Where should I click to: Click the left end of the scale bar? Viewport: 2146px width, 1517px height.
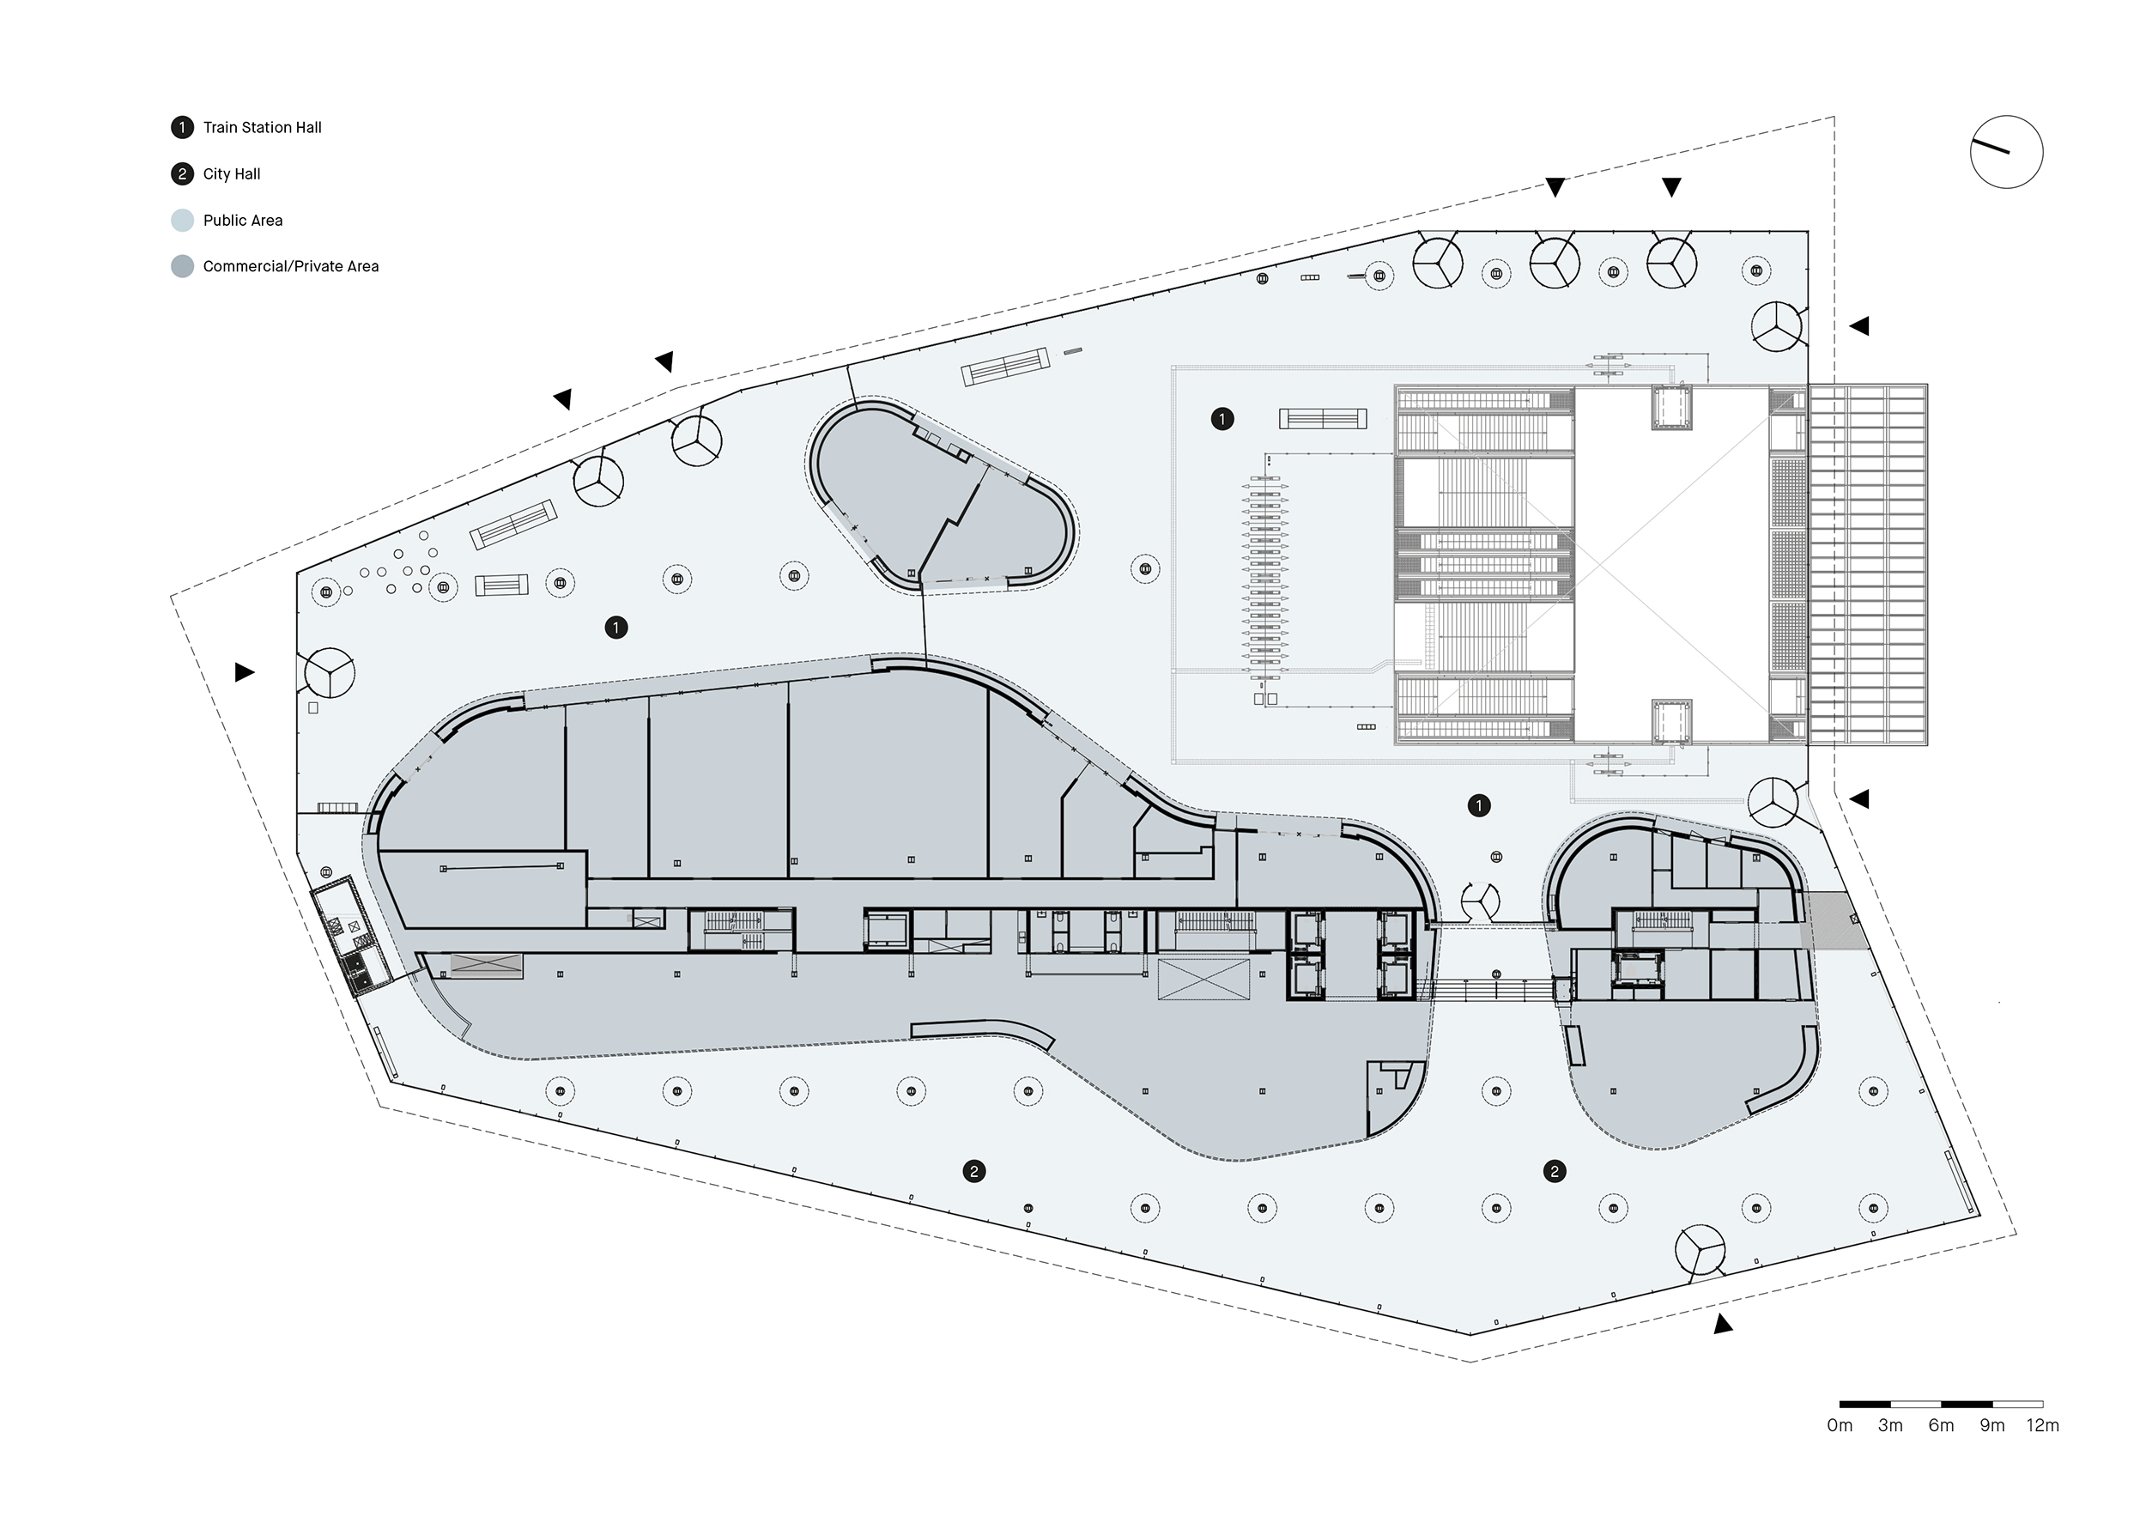[x=1840, y=1404]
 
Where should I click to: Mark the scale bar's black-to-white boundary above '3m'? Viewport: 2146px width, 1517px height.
[x=1890, y=1404]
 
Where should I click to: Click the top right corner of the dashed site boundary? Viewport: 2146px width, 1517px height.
[x=1834, y=117]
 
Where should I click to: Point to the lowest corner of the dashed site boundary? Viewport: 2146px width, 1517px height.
[x=1471, y=1362]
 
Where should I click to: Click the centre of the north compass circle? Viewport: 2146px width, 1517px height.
[x=2007, y=151]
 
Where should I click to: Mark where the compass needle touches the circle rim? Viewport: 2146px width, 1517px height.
[x=1971, y=142]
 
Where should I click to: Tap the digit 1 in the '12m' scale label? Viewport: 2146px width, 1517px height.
[x=2030, y=1425]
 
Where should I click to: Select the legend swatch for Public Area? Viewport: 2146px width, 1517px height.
[x=182, y=221]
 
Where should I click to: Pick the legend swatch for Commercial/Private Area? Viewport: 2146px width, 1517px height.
[x=182, y=266]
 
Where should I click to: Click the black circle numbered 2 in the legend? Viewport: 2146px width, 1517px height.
[x=182, y=174]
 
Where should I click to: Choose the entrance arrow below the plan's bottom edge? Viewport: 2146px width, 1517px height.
[x=1723, y=1324]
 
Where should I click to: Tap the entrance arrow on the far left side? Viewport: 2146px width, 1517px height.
[x=245, y=672]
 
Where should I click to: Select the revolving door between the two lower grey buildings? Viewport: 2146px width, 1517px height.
[x=1480, y=901]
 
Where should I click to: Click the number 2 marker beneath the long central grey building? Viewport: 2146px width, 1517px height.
[x=974, y=1171]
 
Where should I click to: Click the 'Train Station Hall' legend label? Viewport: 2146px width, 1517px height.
[x=263, y=127]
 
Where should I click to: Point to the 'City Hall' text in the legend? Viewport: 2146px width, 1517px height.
[x=232, y=174]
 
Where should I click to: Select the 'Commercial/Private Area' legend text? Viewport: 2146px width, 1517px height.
[x=291, y=266]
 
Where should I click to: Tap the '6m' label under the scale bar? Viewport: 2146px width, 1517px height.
[x=1942, y=1425]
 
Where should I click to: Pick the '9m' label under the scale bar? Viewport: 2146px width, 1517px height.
[x=1991, y=1425]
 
